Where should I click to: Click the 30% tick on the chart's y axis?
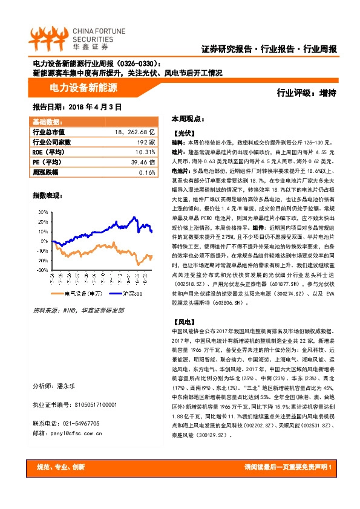tap(44, 212)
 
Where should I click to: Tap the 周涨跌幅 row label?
tap(45, 172)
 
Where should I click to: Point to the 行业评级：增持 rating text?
tap(306, 92)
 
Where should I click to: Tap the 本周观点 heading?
tap(188, 118)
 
